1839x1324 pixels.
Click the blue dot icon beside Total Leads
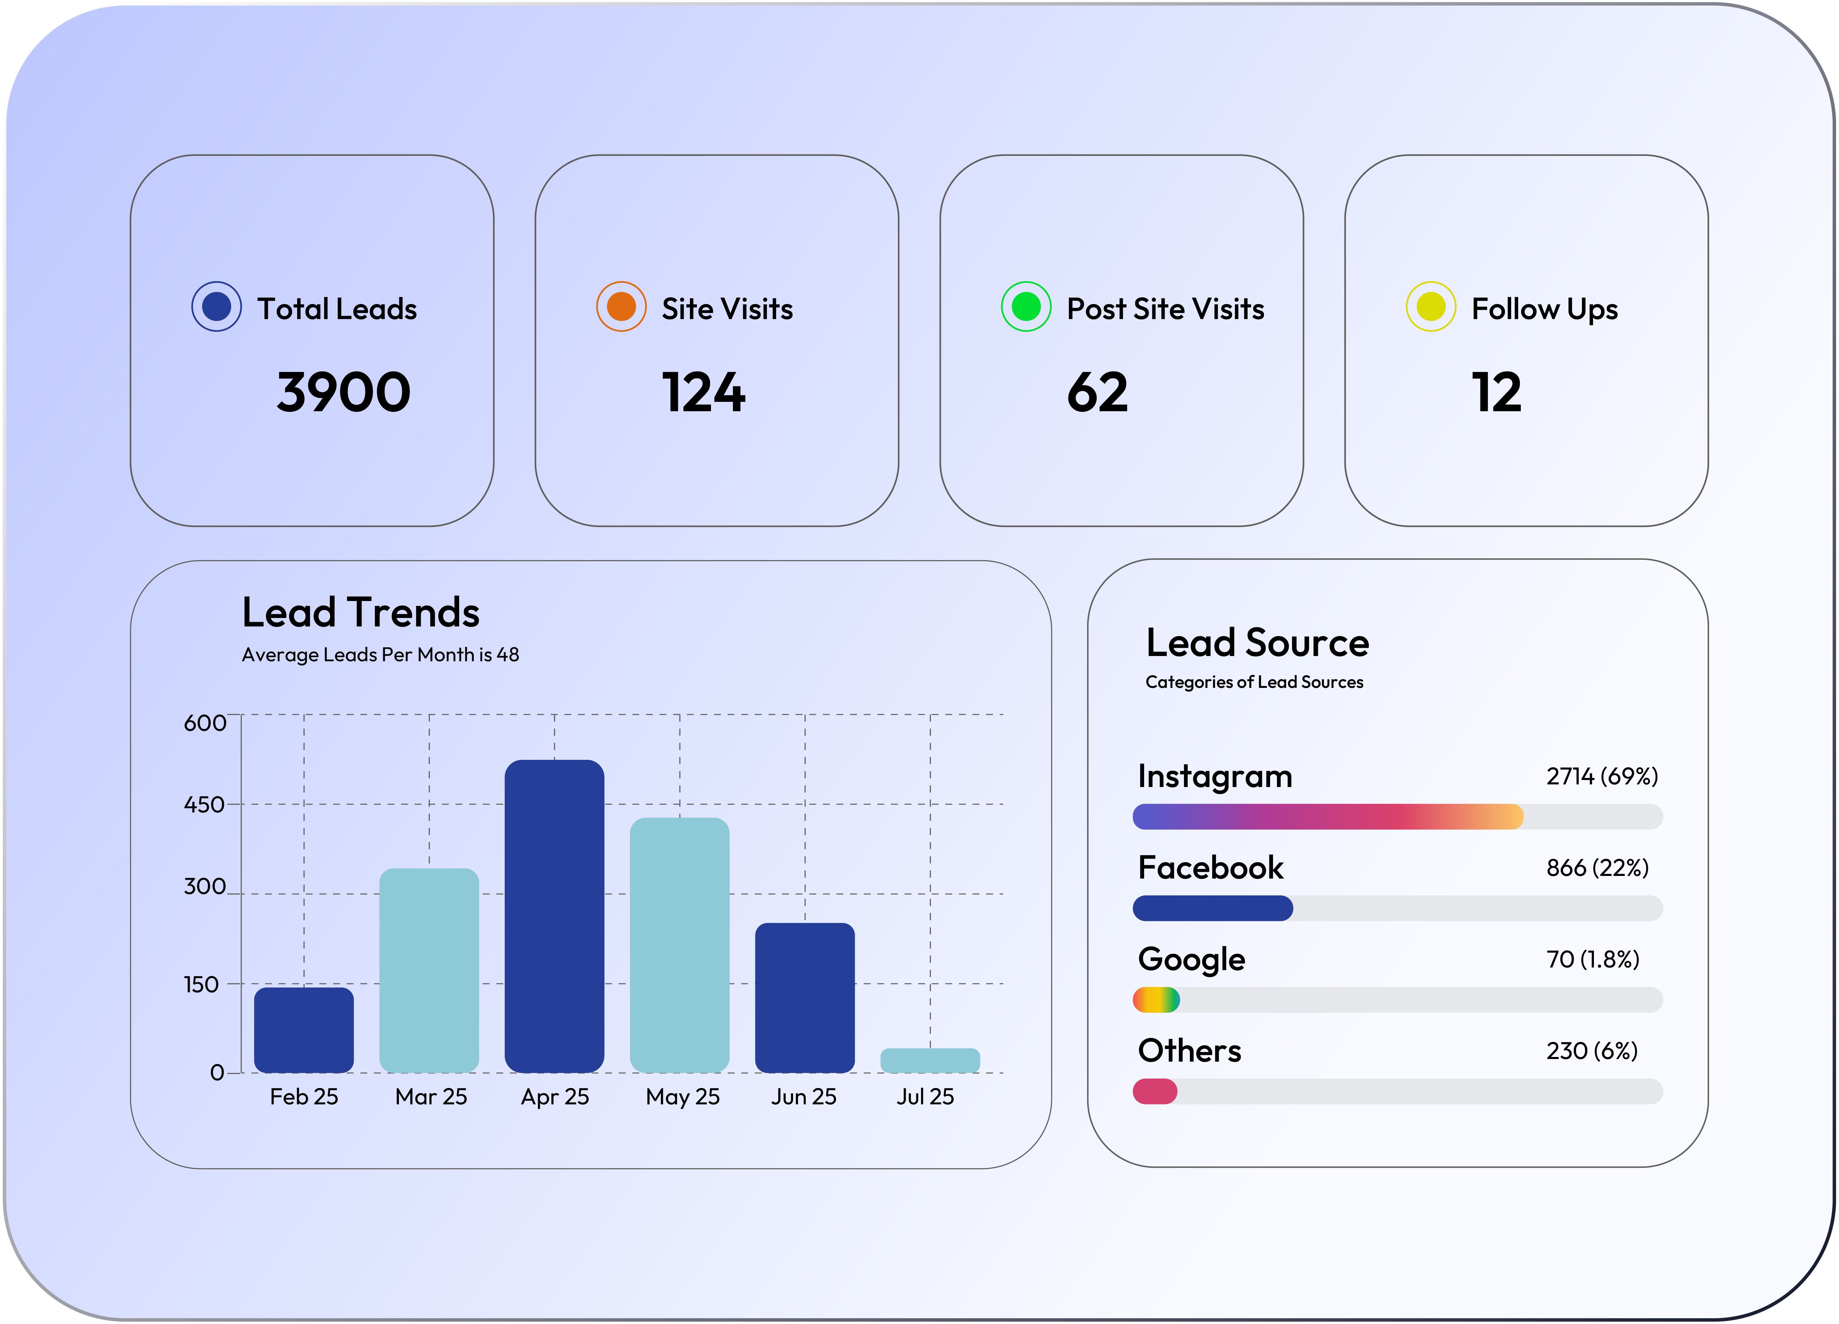[216, 307]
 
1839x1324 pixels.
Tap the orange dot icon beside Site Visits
[621, 307]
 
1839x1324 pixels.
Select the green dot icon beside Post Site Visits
[1026, 307]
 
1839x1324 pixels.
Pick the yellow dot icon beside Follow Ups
[1430, 307]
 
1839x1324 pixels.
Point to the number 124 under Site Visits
[703, 392]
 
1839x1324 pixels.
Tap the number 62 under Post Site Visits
[1097, 392]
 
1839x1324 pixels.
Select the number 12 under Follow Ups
[1496, 392]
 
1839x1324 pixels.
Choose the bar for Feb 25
[304, 1030]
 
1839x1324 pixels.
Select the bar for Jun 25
[804, 997]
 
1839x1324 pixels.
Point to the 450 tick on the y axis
[204, 804]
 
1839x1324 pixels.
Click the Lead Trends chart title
[361, 612]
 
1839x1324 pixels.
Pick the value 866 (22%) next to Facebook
[1597, 867]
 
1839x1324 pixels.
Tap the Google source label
[1191, 959]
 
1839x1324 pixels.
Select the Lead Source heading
[1257, 643]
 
